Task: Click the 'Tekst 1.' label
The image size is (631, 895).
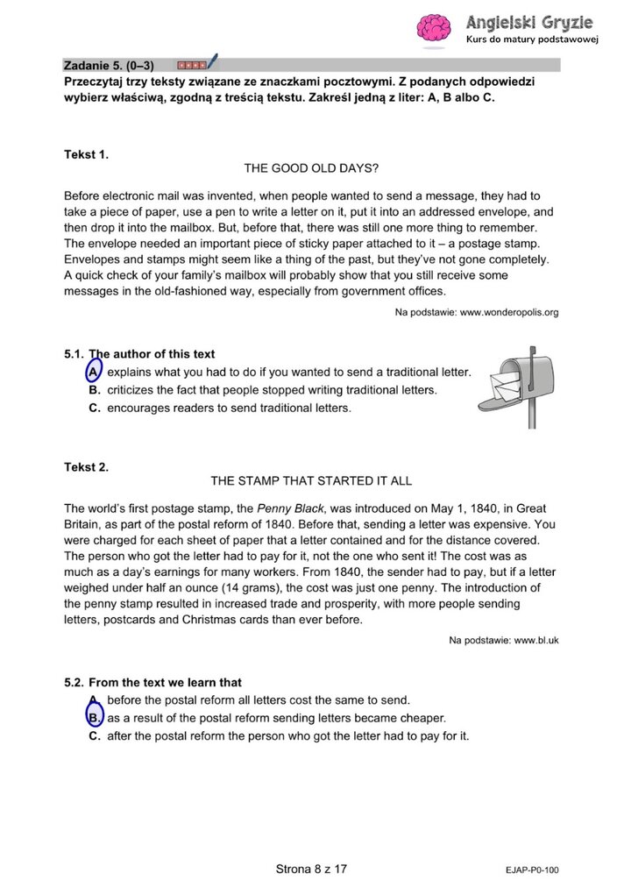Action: point(86,154)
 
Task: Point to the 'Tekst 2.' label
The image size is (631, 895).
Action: point(86,467)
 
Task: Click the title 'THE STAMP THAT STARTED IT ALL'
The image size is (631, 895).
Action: point(311,480)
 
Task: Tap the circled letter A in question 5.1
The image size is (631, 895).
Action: point(93,373)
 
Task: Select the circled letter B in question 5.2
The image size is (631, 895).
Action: point(94,718)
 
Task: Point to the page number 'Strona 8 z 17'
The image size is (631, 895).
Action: point(311,869)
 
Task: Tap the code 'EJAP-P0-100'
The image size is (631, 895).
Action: point(532,870)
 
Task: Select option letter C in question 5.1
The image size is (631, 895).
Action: point(95,408)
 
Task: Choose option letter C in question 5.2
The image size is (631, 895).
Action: point(95,736)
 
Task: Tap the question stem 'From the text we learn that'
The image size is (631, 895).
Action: point(165,682)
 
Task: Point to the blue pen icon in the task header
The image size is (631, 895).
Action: point(212,62)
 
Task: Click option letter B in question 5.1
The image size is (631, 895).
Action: point(95,390)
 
